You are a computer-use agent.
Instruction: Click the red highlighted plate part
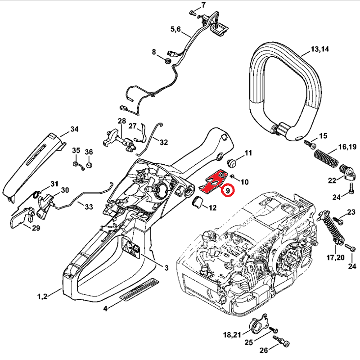pyautogui.click(x=212, y=182)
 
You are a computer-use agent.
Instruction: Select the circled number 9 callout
pyautogui.click(x=228, y=191)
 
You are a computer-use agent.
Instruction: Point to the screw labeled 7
pyautogui.click(x=192, y=13)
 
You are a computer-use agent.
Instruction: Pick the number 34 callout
pyautogui.click(x=74, y=130)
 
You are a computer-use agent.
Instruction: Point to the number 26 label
pyautogui.click(x=263, y=350)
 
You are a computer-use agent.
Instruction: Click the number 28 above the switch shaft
pyautogui.click(x=122, y=121)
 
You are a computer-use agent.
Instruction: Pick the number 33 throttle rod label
pyautogui.click(x=89, y=207)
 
